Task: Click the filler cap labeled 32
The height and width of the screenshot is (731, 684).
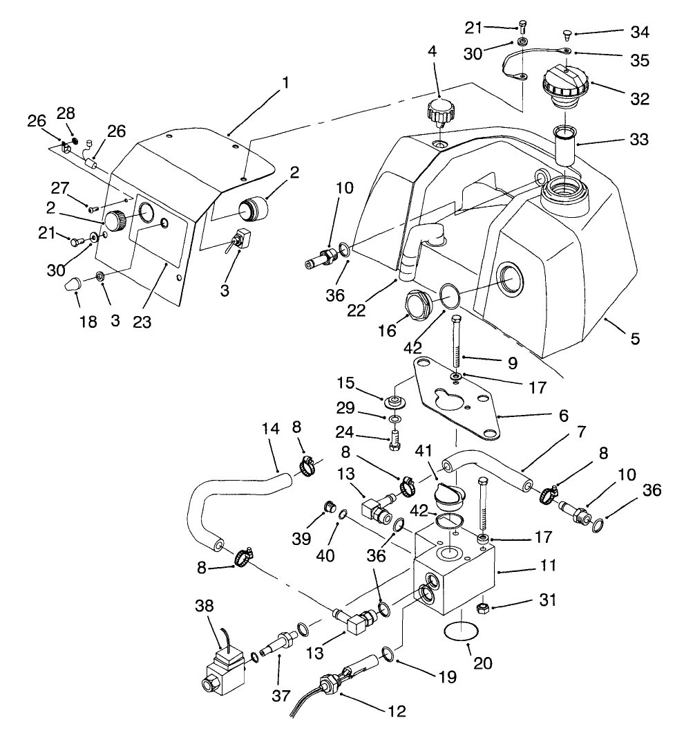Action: coord(566,87)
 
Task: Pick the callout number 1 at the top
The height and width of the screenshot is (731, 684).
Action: coord(285,82)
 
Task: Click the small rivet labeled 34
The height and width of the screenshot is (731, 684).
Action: coord(565,32)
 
